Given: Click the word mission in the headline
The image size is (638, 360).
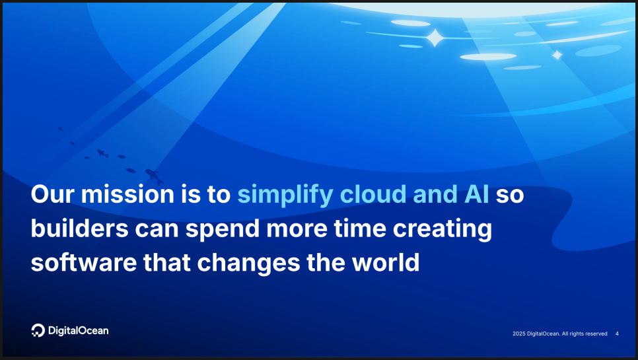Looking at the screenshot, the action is pyautogui.click(x=127, y=194).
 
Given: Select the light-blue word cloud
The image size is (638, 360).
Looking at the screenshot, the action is pyautogui.click(x=373, y=194).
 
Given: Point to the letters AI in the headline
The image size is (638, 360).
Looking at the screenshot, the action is pyautogui.click(x=476, y=194).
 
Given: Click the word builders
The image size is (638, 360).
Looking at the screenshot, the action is pyautogui.click(x=80, y=228).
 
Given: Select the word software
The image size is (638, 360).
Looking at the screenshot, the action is pyautogui.click(x=84, y=262).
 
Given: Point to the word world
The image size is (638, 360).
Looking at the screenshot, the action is pyautogui.click(x=386, y=262).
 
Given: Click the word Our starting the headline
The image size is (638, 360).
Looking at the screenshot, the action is pyautogui.click(x=52, y=194).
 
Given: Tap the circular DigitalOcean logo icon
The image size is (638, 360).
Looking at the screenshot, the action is pyautogui.click(x=38, y=330).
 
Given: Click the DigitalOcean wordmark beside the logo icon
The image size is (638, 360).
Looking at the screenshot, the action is pyautogui.click(x=78, y=331).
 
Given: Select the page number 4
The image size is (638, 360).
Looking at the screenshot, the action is pyautogui.click(x=617, y=334).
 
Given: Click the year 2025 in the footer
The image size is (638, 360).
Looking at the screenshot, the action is pyautogui.click(x=518, y=334).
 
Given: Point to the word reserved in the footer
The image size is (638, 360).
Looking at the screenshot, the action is pyautogui.click(x=596, y=334).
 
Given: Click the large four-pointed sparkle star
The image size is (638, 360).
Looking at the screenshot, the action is pyautogui.click(x=435, y=38).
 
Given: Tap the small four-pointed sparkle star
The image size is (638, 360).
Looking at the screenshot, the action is pyautogui.click(x=557, y=55).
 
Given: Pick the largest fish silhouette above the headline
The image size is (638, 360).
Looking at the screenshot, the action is pyautogui.click(x=154, y=176).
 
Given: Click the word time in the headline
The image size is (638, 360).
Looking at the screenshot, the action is pyautogui.click(x=360, y=228).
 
